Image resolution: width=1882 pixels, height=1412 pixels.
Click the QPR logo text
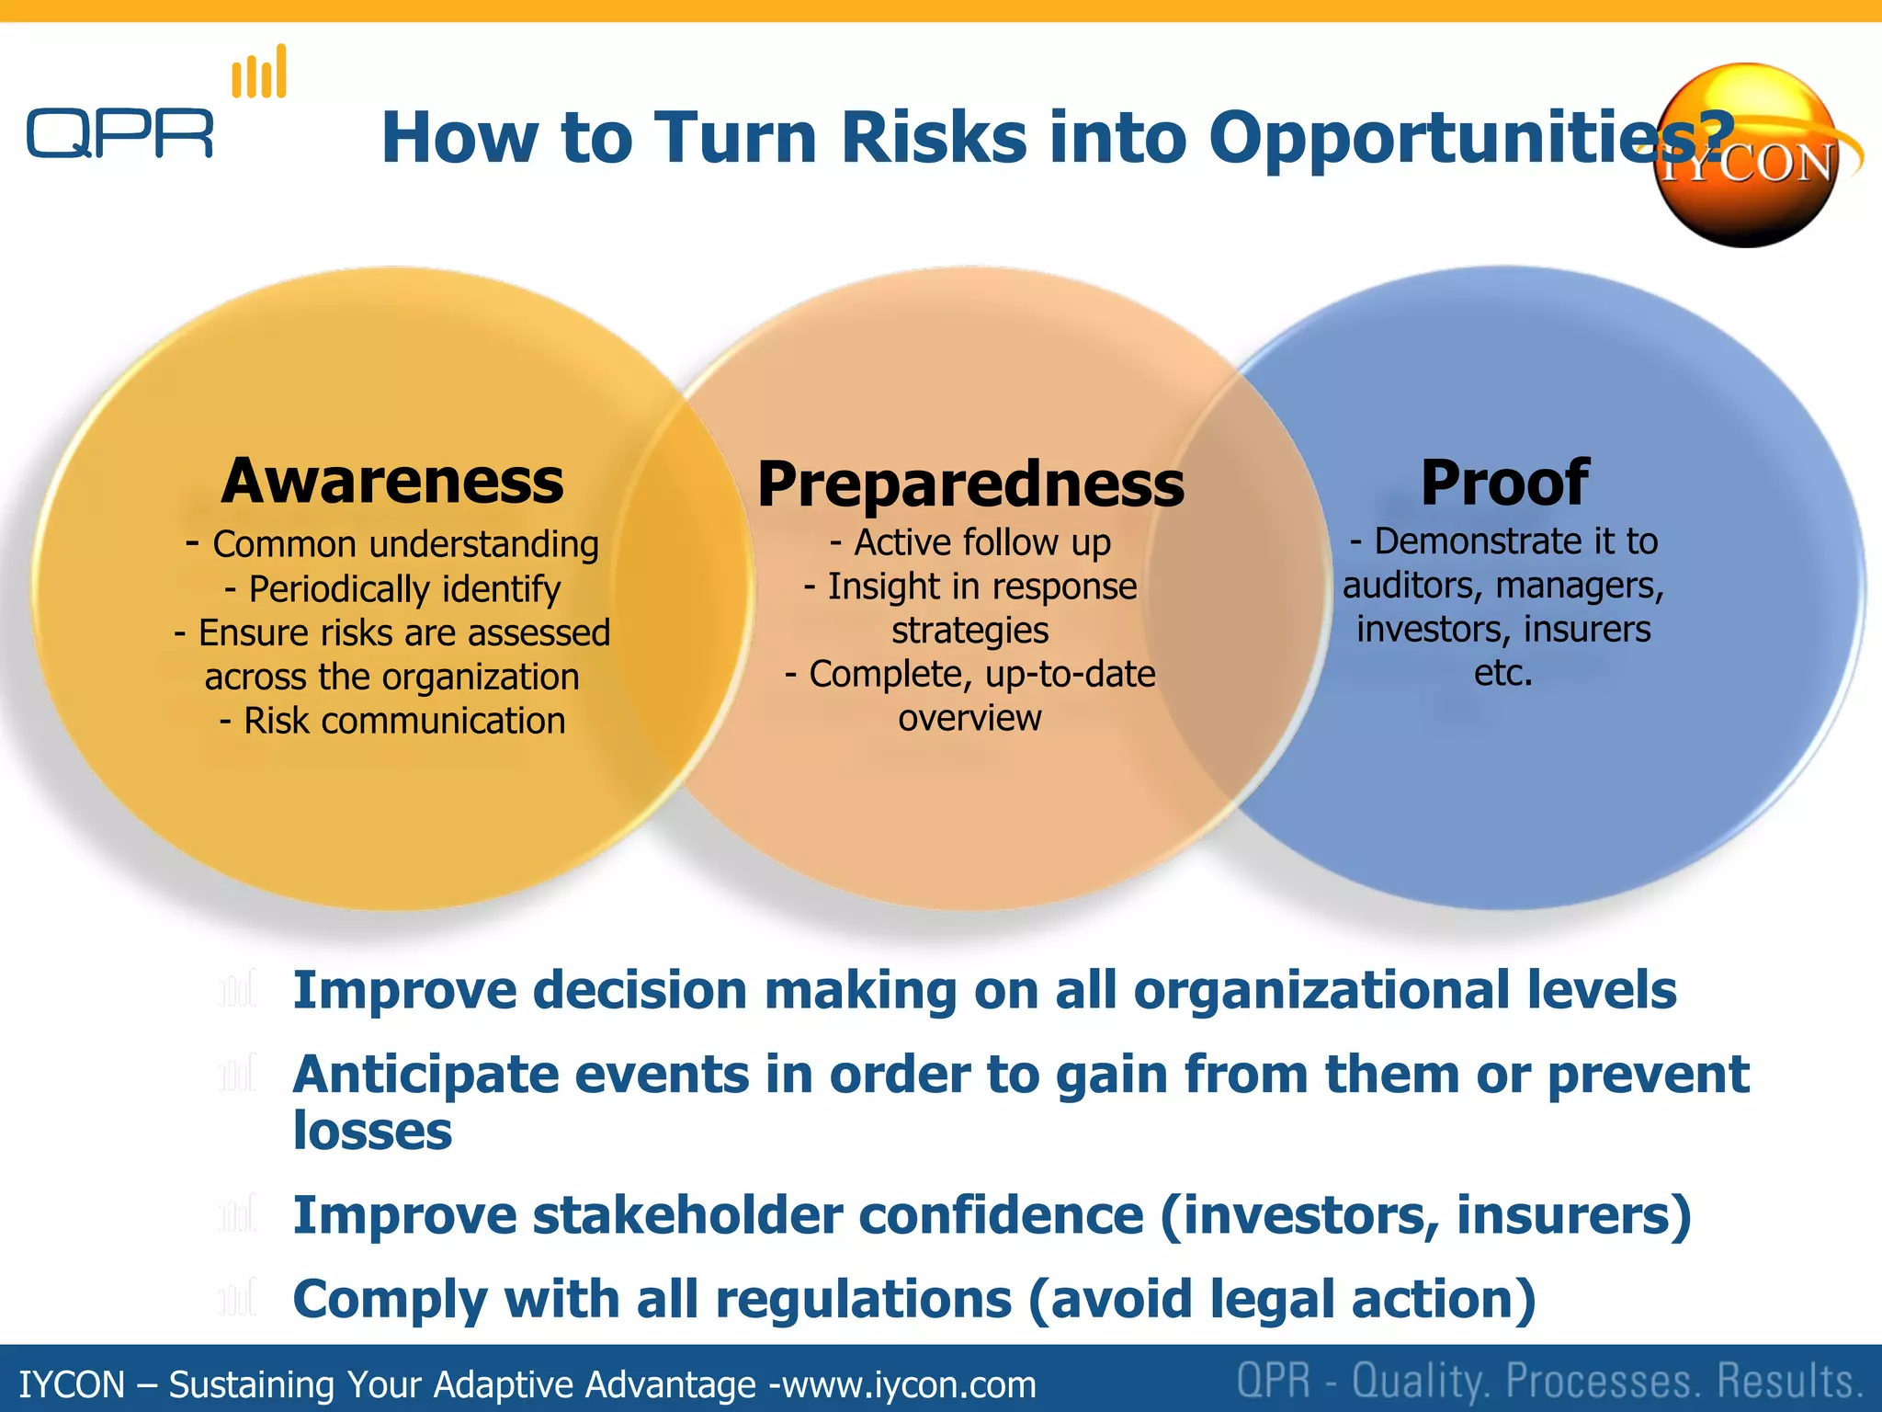click(x=119, y=133)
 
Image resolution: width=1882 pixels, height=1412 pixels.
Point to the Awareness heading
click(x=392, y=482)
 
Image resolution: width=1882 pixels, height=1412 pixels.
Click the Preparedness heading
click(x=970, y=484)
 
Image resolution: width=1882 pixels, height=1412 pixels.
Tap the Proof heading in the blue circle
click(x=1504, y=483)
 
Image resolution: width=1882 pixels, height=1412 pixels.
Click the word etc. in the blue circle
click(x=1503, y=674)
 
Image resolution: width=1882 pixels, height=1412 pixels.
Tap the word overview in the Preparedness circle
click(x=969, y=718)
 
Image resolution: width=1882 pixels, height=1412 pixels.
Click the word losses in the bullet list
click(x=372, y=1131)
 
